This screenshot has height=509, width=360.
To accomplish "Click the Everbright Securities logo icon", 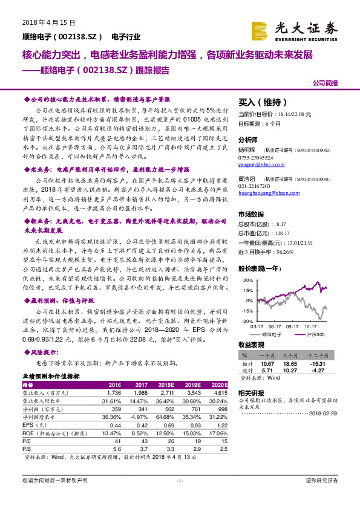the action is [x=261, y=28].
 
